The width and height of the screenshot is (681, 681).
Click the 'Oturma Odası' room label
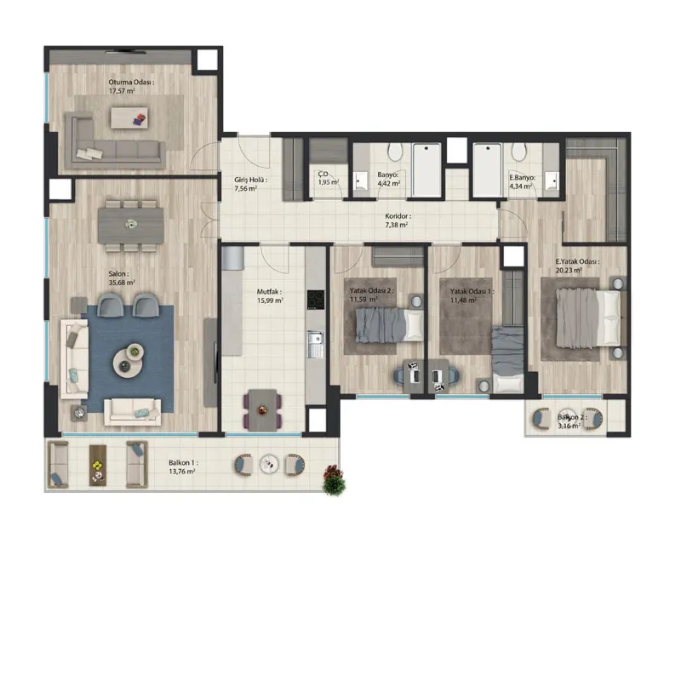(131, 82)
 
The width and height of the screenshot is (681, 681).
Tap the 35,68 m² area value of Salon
(122, 283)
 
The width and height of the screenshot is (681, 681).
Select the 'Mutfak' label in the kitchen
(269, 292)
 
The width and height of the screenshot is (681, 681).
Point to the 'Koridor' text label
(398, 216)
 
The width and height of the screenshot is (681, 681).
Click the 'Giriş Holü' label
(250, 180)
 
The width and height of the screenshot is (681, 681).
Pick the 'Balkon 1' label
(183, 463)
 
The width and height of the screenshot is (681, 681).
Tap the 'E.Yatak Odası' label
(577, 262)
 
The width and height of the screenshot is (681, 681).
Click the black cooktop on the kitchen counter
(316, 300)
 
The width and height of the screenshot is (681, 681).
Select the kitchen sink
(315, 344)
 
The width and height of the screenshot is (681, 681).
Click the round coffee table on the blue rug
(129, 360)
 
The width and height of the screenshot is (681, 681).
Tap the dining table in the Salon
(131, 226)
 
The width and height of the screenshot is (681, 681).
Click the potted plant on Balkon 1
(334, 479)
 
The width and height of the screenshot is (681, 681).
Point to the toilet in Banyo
(395, 152)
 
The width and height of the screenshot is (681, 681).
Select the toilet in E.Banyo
(518, 152)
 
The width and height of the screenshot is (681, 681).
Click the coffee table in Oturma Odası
(129, 117)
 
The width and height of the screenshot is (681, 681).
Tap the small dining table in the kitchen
(262, 409)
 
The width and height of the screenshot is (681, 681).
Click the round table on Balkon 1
(269, 464)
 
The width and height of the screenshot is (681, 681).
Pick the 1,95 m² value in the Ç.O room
(329, 182)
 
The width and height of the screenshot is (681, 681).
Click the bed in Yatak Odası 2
(390, 325)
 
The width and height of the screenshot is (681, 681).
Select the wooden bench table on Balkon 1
(98, 465)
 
